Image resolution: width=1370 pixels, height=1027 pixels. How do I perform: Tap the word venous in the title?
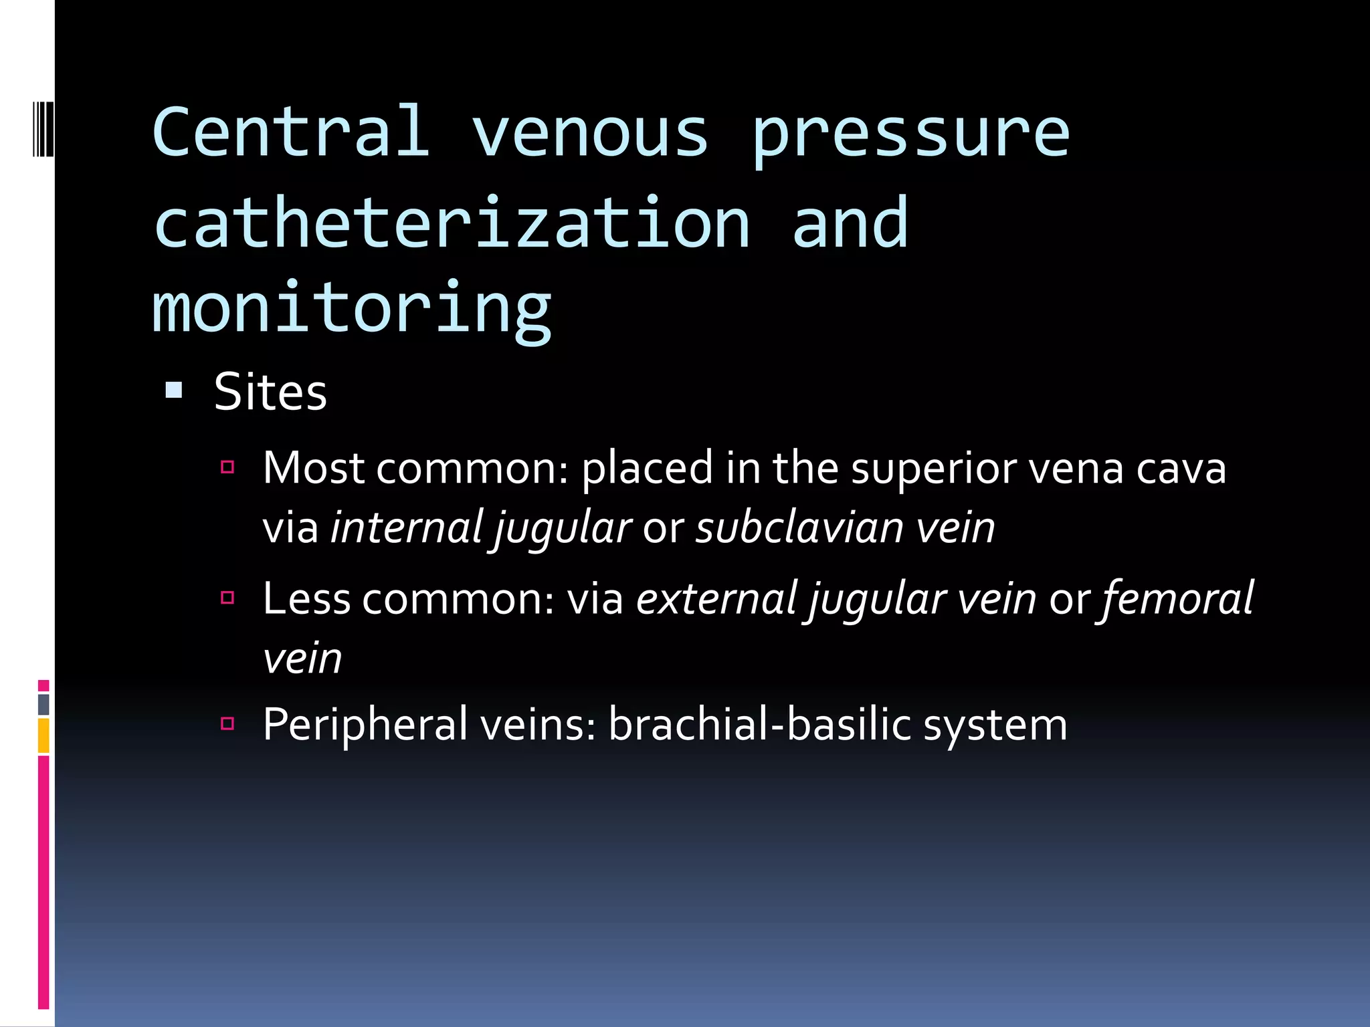pyautogui.click(x=590, y=134)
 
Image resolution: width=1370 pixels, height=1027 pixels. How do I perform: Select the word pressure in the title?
pyautogui.click(x=910, y=137)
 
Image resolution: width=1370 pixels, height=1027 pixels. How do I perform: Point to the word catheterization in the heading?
pyautogui.click(x=452, y=223)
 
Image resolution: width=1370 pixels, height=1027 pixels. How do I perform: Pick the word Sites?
pyautogui.click(x=270, y=392)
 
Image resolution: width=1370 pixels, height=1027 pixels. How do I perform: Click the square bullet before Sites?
pyautogui.click(x=174, y=390)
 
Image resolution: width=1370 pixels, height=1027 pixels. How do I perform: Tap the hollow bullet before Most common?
pyautogui.click(x=227, y=467)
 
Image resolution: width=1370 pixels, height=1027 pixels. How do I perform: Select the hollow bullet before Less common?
pyautogui.click(x=227, y=597)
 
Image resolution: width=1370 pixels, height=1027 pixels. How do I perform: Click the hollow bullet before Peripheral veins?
pyautogui.click(x=227, y=723)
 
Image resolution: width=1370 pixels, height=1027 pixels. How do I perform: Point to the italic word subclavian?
pyautogui.click(x=800, y=528)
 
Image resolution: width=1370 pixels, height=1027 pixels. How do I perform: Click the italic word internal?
pyautogui.click(x=406, y=528)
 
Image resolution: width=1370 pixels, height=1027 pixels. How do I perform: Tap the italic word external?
pyautogui.click(x=716, y=598)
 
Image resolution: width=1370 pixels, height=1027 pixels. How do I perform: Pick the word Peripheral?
pyautogui.click(x=365, y=725)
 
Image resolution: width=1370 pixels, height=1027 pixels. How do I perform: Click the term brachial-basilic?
pyautogui.click(x=760, y=725)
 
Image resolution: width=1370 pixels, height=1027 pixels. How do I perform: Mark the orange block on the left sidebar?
pyautogui.click(x=43, y=735)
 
